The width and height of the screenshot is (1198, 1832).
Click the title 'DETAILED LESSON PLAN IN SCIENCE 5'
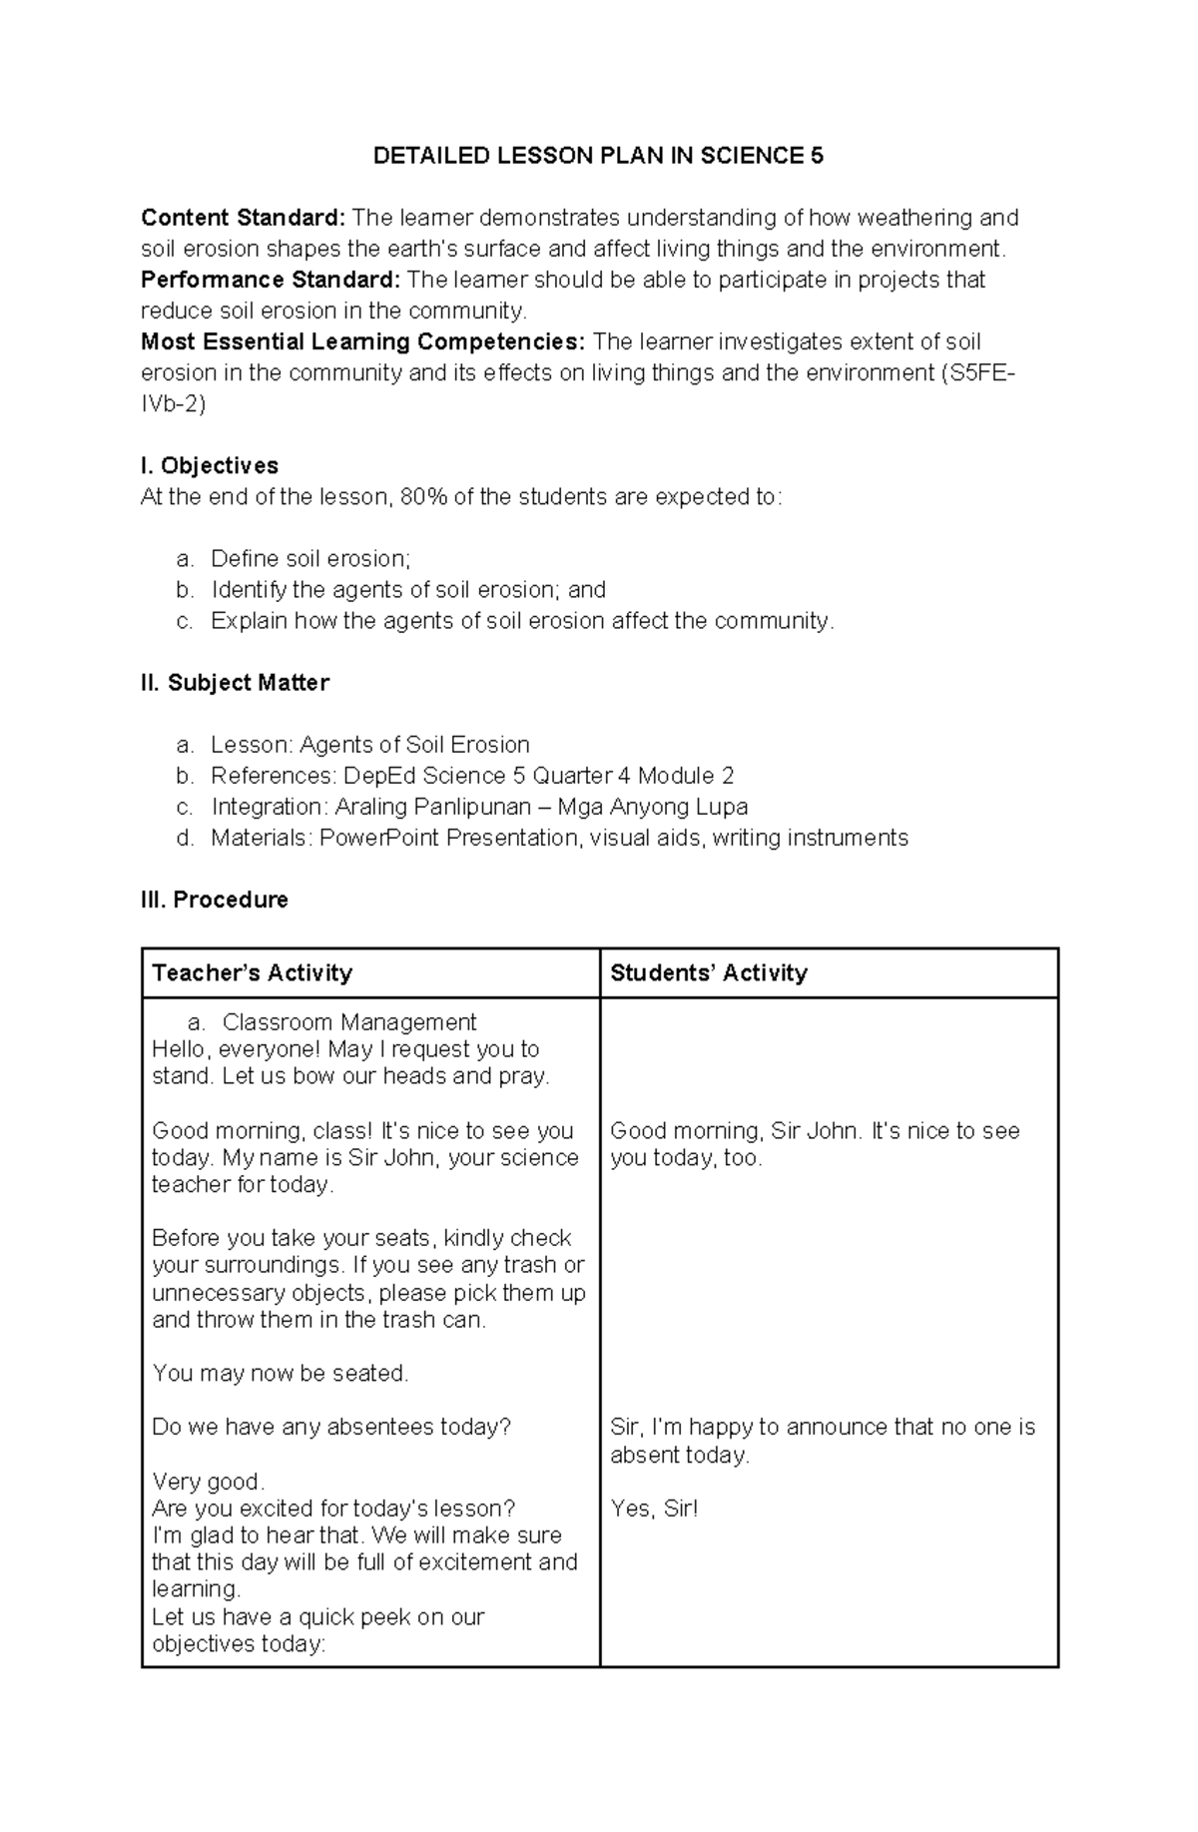click(598, 156)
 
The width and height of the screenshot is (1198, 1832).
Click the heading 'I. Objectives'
click(210, 465)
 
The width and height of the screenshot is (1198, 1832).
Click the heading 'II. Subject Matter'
click(235, 683)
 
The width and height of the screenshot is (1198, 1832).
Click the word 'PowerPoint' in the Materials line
click(379, 838)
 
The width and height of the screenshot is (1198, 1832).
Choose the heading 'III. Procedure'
click(215, 900)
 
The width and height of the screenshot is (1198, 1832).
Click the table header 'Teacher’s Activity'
click(252, 973)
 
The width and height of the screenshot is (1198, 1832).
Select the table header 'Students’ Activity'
click(708, 973)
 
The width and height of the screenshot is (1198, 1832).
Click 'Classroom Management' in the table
click(349, 1022)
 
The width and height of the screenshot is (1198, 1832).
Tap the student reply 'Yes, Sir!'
click(654, 1509)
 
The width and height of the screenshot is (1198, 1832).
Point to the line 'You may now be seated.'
click(281, 1374)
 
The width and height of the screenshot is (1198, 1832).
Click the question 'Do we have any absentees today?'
click(331, 1428)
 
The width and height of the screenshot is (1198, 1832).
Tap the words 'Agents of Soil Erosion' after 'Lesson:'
click(414, 745)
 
